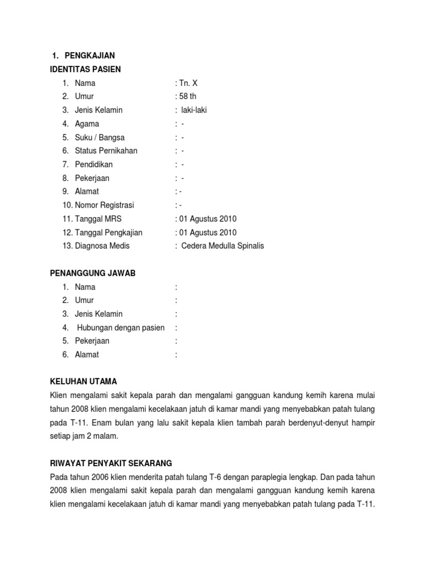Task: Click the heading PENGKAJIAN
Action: pyautogui.click(x=90, y=55)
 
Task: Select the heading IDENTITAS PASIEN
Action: pyautogui.click(x=85, y=69)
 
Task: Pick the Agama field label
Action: pyautogui.click(x=87, y=124)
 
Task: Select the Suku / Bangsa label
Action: pyautogui.click(x=100, y=137)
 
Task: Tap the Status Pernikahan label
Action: pyautogui.click(x=106, y=151)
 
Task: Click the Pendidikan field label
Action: pyautogui.click(x=94, y=164)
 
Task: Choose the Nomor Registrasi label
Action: pyautogui.click(x=105, y=205)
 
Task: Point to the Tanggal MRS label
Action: pyautogui.click(x=99, y=219)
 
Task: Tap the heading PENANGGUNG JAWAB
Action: pyautogui.click(x=92, y=274)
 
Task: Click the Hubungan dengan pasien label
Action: pyautogui.click(x=121, y=328)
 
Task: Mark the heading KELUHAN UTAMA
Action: pyautogui.click(x=84, y=382)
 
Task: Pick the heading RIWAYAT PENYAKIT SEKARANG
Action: pyautogui.click(x=111, y=463)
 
